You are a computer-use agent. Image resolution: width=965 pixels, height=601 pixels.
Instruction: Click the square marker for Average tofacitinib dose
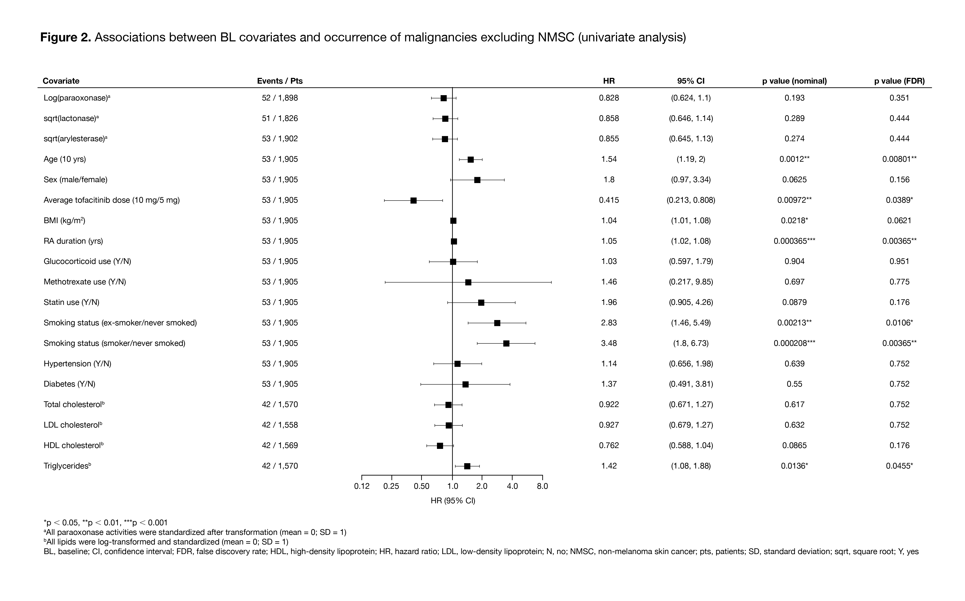tap(413, 200)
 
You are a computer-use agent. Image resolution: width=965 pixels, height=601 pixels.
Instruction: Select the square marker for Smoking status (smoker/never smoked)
tap(506, 343)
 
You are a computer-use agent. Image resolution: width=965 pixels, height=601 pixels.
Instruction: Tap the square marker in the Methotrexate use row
tap(468, 282)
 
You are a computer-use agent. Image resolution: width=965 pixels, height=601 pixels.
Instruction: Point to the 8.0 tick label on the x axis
tap(542, 486)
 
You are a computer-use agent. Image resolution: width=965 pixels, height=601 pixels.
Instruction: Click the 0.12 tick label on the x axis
tap(362, 486)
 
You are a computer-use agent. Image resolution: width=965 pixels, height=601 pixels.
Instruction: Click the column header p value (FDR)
tap(899, 81)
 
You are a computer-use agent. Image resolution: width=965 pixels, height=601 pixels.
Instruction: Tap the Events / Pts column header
tap(280, 81)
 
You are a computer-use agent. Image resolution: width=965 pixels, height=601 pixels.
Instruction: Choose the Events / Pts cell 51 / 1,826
tap(280, 118)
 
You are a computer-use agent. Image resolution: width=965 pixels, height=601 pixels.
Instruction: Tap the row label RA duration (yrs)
tap(73, 241)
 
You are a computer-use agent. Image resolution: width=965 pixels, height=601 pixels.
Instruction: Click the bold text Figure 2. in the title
tap(65, 37)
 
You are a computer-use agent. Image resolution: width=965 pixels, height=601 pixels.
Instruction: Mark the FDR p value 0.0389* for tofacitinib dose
tap(899, 200)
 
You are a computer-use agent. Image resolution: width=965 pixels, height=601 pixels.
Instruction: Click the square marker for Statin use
tap(481, 303)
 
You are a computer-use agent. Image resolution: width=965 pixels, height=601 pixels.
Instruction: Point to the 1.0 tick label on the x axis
tap(452, 486)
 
